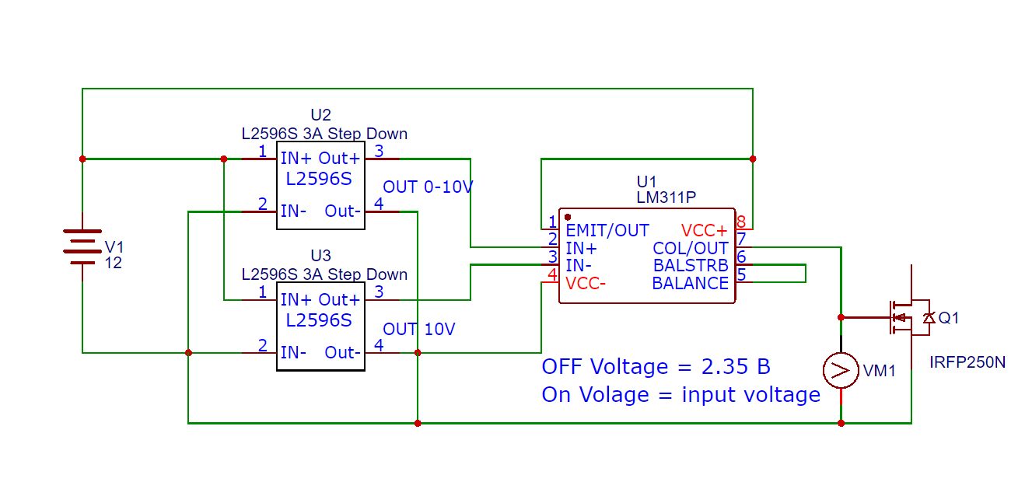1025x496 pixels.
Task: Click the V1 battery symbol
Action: pyautogui.click(x=82, y=247)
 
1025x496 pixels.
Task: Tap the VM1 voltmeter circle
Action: pyautogui.click(x=841, y=371)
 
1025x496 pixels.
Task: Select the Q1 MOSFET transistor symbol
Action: pyautogui.click(x=910, y=317)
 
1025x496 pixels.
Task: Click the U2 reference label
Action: pyautogui.click(x=320, y=114)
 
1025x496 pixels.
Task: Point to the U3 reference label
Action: pyautogui.click(x=320, y=255)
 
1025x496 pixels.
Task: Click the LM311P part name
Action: pyautogui.click(x=666, y=197)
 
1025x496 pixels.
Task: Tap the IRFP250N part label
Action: pyautogui.click(x=967, y=362)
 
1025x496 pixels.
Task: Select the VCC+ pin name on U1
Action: pyautogui.click(x=705, y=230)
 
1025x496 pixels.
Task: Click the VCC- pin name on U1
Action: pyautogui.click(x=586, y=284)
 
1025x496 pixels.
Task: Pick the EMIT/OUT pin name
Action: pyautogui.click(x=607, y=230)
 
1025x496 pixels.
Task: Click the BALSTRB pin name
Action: pyautogui.click(x=691, y=265)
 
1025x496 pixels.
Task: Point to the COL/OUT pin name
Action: pyautogui.click(x=690, y=248)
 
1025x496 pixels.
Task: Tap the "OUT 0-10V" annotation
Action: pyautogui.click(x=428, y=187)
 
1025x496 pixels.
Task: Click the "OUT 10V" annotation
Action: pyautogui.click(x=419, y=329)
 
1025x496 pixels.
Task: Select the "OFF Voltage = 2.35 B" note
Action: pyautogui.click(x=656, y=366)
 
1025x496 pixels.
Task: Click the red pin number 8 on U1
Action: pyautogui.click(x=741, y=222)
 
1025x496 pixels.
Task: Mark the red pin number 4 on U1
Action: pyautogui.click(x=552, y=274)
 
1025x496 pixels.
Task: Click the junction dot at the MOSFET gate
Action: pyautogui.click(x=841, y=317)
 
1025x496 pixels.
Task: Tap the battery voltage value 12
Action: pyautogui.click(x=113, y=263)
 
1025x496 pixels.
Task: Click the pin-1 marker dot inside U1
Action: pyautogui.click(x=568, y=217)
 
